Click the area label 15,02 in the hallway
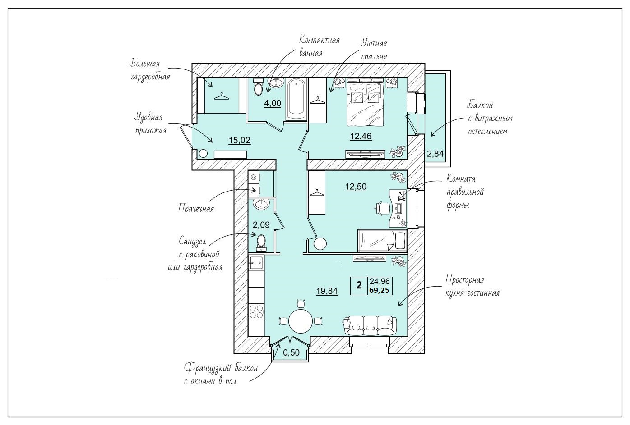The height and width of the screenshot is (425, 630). click(x=239, y=140)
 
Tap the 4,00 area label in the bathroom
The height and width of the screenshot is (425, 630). click(x=273, y=103)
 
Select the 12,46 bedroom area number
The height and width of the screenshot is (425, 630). click(x=361, y=136)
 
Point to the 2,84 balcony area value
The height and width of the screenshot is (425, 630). click(x=435, y=154)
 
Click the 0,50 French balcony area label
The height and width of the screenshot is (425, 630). click(x=291, y=352)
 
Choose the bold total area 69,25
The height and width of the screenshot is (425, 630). click(x=380, y=290)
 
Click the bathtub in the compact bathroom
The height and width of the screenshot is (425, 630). click(x=296, y=100)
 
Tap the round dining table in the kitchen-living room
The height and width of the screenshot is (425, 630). click(x=301, y=321)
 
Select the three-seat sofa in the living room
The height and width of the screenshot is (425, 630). click(x=370, y=325)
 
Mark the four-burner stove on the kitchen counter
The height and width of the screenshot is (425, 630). click(x=256, y=311)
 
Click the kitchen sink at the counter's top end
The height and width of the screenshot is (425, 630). click(x=256, y=263)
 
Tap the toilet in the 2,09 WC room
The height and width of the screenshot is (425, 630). click(x=262, y=243)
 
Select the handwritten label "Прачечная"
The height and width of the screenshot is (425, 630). click(x=196, y=208)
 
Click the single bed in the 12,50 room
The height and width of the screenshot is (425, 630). click(x=382, y=241)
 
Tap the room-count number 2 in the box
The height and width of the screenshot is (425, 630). click(x=359, y=286)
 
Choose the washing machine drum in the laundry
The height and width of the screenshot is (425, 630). click(x=254, y=177)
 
